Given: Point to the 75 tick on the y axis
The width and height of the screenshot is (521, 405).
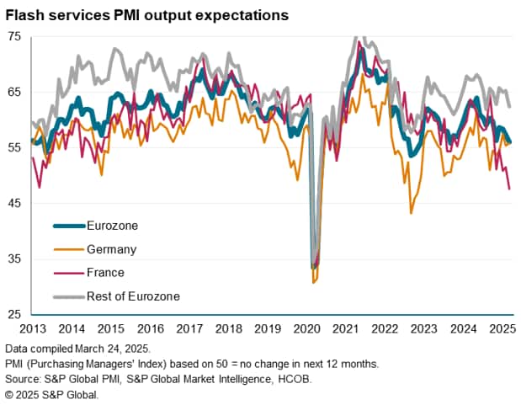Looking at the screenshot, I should pyautogui.click(x=15, y=36).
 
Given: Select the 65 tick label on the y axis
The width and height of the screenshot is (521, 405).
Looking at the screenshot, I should pyautogui.click(x=15, y=92).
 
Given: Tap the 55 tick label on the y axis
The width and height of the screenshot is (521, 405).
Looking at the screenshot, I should pyautogui.click(x=15, y=147).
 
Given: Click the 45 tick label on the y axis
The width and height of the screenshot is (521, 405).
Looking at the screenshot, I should pyautogui.click(x=15, y=203).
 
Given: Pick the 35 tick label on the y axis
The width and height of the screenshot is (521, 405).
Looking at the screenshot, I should pyautogui.click(x=15, y=258).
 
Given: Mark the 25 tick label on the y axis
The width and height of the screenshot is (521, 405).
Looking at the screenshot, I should pyautogui.click(x=15, y=314).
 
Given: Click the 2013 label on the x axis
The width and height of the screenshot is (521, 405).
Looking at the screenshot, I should pyautogui.click(x=31, y=329).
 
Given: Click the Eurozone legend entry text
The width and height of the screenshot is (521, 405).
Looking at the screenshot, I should pyautogui.click(x=112, y=226).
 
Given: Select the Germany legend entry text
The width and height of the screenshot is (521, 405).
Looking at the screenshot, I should pyautogui.click(x=111, y=249).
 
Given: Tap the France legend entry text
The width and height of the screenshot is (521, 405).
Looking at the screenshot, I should pyautogui.click(x=105, y=273).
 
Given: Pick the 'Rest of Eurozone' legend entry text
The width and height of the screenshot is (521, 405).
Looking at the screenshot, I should pyautogui.click(x=133, y=296).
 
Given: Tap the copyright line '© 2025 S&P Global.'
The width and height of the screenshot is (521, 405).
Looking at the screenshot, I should pyautogui.click(x=51, y=394).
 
